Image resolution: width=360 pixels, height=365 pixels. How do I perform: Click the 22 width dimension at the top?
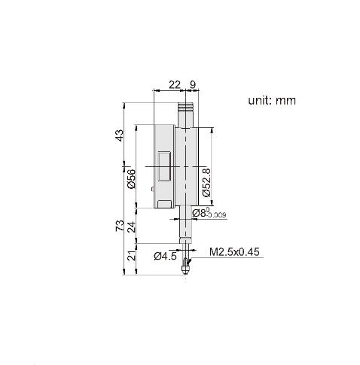[175, 85]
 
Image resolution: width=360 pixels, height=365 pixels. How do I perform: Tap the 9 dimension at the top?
[193, 85]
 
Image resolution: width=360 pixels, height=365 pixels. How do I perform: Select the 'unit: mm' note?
[272, 100]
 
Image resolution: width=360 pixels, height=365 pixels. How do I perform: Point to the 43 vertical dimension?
[121, 135]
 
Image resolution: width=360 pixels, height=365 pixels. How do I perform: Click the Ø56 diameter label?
[131, 179]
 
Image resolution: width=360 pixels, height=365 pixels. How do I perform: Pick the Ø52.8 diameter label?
[206, 182]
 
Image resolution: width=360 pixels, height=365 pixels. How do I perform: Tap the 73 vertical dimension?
[120, 226]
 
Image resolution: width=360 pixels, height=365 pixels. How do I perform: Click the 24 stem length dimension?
[132, 227]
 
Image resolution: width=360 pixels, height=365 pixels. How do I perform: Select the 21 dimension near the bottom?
[132, 256]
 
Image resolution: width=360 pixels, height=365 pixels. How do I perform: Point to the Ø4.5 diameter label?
[165, 257]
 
